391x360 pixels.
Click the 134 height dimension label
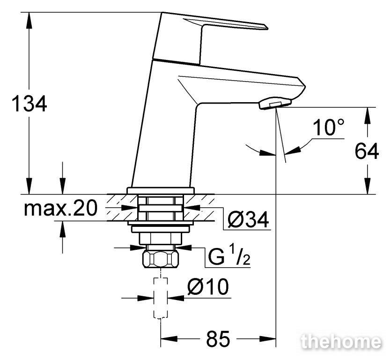(30, 104)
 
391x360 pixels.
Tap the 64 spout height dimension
(367, 151)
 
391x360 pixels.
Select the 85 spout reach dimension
(218, 339)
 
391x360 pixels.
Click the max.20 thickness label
(60, 209)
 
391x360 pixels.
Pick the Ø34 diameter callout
(248, 219)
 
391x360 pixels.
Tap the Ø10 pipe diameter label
(208, 287)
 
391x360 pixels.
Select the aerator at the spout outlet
(275, 103)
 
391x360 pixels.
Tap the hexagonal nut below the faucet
(161, 259)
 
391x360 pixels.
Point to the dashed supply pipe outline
(161, 298)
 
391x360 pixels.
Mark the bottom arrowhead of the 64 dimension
(367, 186)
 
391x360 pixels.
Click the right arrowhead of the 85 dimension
(268, 339)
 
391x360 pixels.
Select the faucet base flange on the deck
(161, 191)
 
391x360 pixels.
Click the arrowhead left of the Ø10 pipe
(146, 298)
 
